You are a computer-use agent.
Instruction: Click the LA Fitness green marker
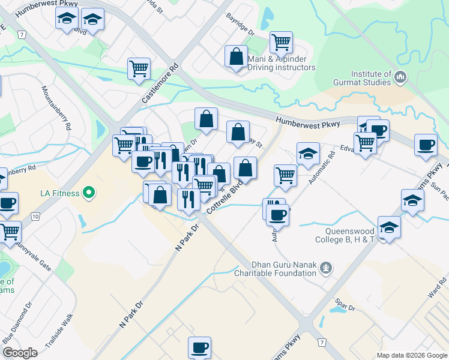click(89, 193)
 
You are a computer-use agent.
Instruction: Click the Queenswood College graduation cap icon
click(389, 229)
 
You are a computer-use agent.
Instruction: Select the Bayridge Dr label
click(240, 25)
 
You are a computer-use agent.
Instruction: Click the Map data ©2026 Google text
click(412, 355)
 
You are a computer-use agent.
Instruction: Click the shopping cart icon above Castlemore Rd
click(139, 68)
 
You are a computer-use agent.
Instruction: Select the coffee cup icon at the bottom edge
click(199, 347)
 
